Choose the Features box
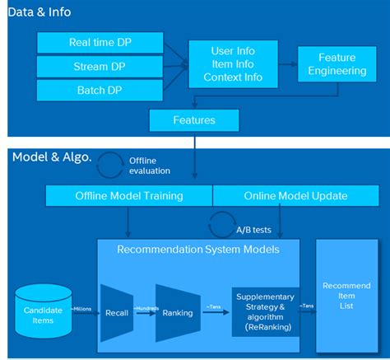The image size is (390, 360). (194, 120)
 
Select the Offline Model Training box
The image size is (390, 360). (129, 196)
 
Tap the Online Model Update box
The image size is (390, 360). (295, 196)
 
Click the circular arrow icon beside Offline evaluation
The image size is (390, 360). (110, 165)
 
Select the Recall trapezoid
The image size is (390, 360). (116, 313)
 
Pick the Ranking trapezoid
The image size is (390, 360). (178, 313)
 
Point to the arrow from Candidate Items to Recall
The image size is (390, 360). (83, 314)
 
